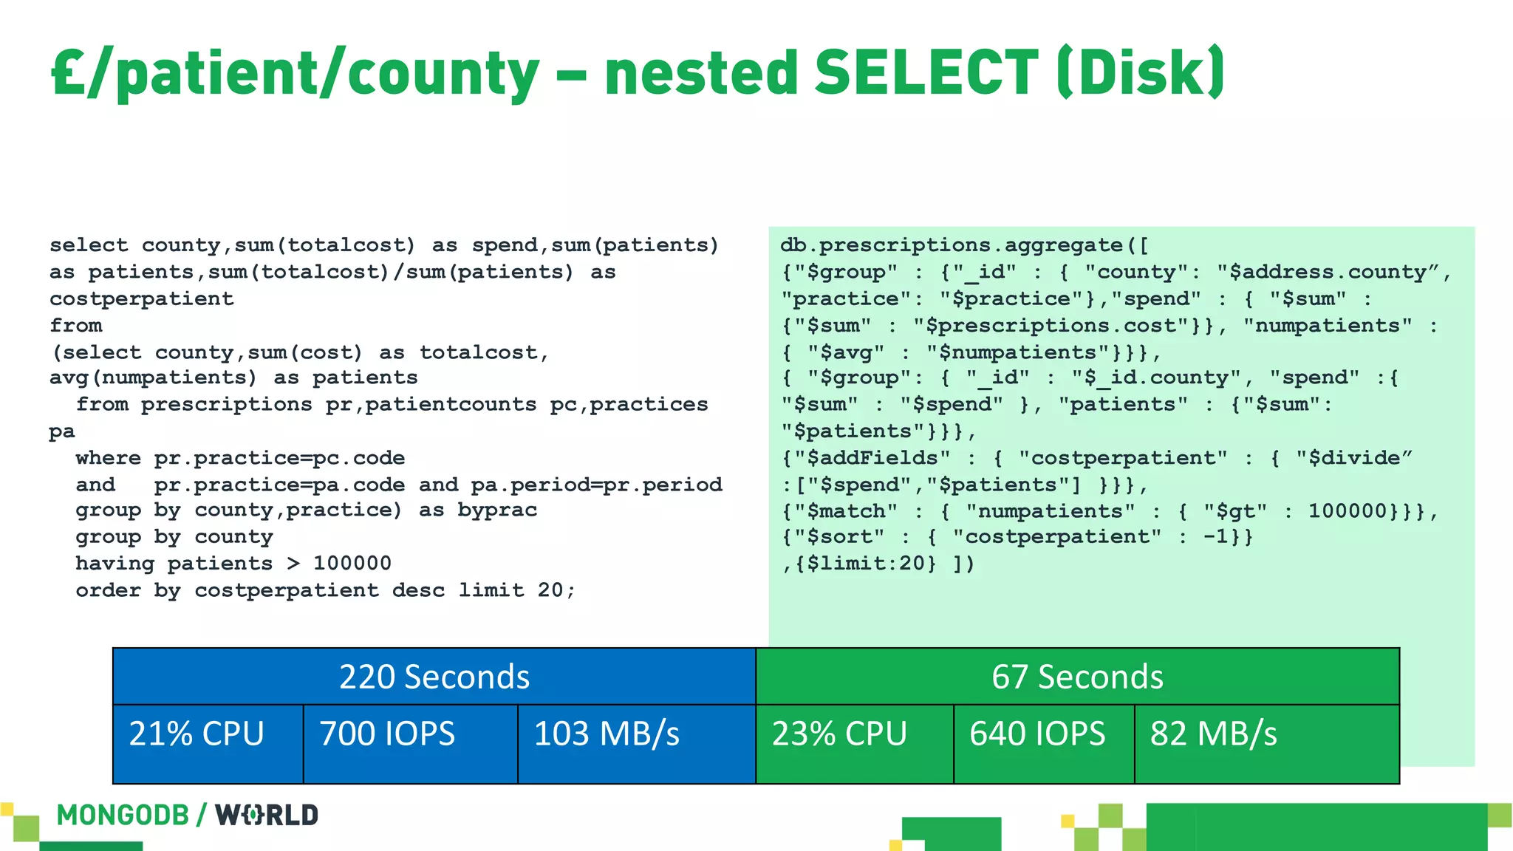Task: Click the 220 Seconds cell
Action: click(434, 677)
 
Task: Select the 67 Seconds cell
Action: click(1077, 677)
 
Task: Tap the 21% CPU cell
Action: click(197, 734)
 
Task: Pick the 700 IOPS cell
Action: click(387, 734)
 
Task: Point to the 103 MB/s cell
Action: click(607, 734)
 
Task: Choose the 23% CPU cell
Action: click(839, 734)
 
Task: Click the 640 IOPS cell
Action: click(1037, 734)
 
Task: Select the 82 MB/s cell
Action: click(1213, 734)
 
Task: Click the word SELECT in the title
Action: click(926, 72)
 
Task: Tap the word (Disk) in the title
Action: click(1141, 72)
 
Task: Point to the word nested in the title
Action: click(701, 72)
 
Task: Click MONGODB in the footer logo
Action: click(123, 816)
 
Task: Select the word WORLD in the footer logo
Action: click(267, 816)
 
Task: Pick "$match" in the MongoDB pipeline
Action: click(846, 511)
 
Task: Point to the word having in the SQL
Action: click(115, 564)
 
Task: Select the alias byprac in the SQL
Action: click(497, 510)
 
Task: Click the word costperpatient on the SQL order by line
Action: click(286, 591)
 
